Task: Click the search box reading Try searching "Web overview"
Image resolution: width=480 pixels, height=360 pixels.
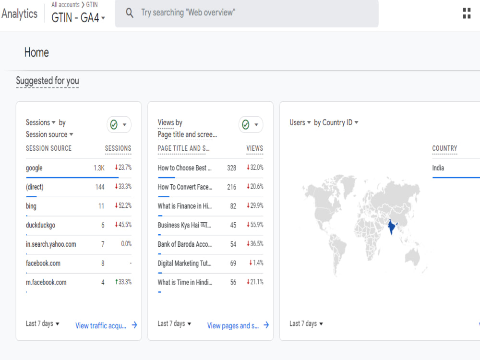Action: click(246, 13)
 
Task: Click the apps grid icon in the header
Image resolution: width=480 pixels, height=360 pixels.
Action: click(467, 13)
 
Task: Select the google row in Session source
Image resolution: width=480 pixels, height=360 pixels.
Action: click(34, 168)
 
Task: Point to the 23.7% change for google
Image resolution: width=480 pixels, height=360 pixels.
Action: click(123, 168)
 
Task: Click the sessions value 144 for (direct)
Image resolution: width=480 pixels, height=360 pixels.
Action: click(100, 187)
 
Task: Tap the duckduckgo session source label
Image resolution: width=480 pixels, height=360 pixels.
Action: click(41, 225)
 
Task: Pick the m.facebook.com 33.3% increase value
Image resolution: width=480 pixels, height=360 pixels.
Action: click(123, 282)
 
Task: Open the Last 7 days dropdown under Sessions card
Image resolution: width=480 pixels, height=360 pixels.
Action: click(43, 324)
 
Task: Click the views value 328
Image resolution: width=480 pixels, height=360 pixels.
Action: click(231, 168)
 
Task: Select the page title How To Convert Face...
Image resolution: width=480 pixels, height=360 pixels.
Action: click(185, 187)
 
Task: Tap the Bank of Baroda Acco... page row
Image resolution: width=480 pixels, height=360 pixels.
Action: click(185, 244)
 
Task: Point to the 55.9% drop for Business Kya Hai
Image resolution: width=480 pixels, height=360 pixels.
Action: click(255, 225)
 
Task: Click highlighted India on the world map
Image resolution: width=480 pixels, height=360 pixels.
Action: click(391, 227)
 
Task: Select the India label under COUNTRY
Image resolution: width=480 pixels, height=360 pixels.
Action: click(438, 168)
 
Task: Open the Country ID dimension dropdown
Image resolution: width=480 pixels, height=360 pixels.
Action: click(336, 122)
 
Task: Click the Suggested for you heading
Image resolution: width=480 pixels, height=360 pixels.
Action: click(48, 81)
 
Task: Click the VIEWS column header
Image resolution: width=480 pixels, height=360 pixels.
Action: click(254, 148)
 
